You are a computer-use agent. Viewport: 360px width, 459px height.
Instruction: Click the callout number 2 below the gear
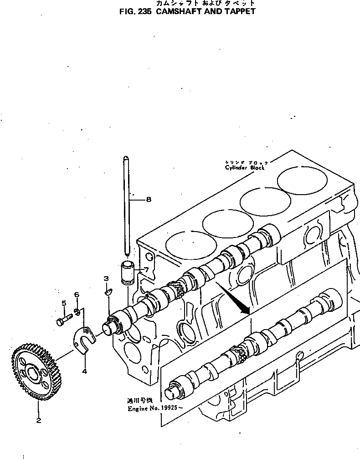pyautogui.click(x=38, y=420)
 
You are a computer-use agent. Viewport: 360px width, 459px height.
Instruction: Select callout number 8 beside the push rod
pyautogui.click(x=148, y=199)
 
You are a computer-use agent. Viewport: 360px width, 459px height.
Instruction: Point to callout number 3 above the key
pyautogui.click(x=106, y=278)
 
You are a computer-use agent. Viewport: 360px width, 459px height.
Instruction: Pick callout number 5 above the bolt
pyautogui.click(x=64, y=303)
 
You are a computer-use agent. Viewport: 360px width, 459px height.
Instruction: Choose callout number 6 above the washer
pyautogui.click(x=77, y=295)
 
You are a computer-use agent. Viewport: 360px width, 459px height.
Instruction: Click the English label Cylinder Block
pyautogui.click(x=244, y=167)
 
